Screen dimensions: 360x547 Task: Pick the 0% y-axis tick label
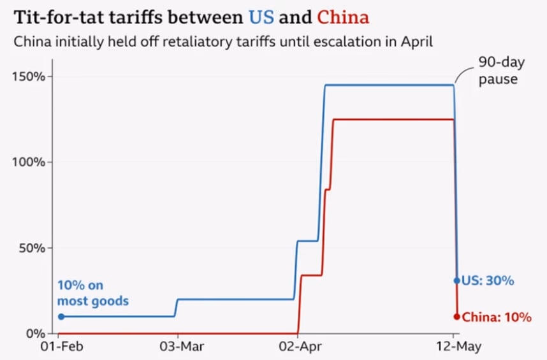point(36,333)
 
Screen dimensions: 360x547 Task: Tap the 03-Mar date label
point(177,347)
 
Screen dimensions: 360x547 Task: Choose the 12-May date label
point(453,347)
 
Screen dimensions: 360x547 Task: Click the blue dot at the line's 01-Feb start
point(61,316)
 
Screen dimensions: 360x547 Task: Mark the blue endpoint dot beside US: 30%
point(456,280)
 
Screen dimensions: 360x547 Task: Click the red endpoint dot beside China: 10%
point(456,317)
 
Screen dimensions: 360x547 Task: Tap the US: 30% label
point(488,280)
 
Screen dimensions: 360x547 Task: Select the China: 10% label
point(496,317)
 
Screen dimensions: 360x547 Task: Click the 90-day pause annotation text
point(498,72)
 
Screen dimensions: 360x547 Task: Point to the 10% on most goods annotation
point(92,293)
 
